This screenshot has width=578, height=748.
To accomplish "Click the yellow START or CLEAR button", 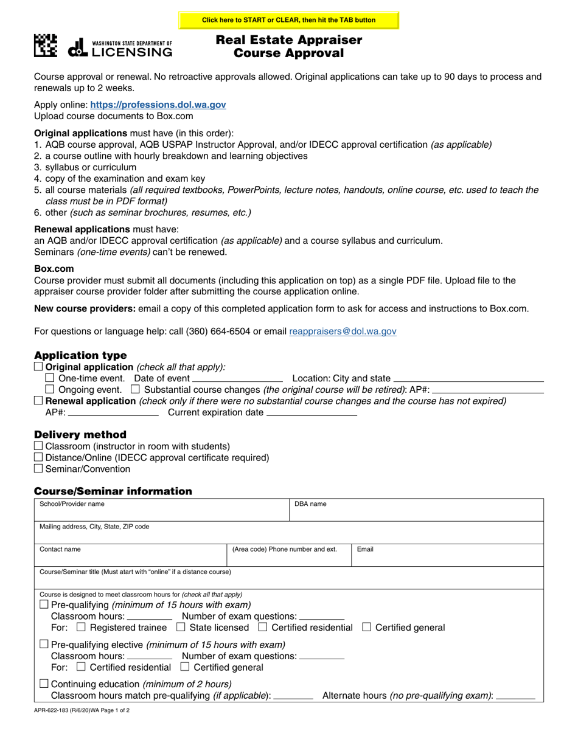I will [x=288, y=20].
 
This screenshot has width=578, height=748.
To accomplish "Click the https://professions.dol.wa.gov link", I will [x=158, y=105].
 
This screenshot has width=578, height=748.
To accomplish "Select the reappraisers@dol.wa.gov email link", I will [x=343, y=331].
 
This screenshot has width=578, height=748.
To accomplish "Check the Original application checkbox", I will [x=39, y=367].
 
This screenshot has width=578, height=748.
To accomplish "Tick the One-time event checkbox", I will [x=50, y=378].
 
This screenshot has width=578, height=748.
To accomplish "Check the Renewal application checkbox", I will [x=39, y=401].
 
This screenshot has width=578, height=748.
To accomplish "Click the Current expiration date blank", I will [x=312, y=412].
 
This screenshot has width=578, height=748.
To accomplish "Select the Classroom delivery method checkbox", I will [x=39, y=446].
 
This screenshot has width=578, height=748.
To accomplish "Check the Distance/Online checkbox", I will [x=39, y=457].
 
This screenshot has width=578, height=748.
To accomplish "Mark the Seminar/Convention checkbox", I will [x=39, y=469].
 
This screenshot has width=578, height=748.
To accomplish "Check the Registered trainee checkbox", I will [x=82, y=627].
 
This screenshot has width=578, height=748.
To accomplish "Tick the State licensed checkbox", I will [x=180, y=627].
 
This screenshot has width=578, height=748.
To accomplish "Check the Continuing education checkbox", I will [x=43, y=684].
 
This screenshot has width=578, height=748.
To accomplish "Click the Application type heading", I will [x=80, y=355].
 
